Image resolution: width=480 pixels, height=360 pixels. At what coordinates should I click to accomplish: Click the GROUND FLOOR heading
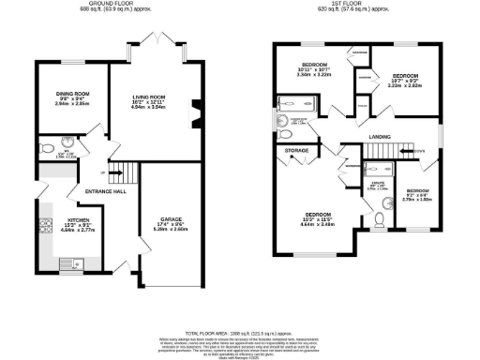click(119, 4)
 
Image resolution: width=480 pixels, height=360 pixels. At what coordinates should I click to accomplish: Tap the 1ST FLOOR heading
click(358, 4)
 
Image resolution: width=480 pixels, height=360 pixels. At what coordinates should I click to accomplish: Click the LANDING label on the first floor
click(380, 138)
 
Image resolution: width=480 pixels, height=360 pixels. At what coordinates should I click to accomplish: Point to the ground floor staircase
click(119, 172)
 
